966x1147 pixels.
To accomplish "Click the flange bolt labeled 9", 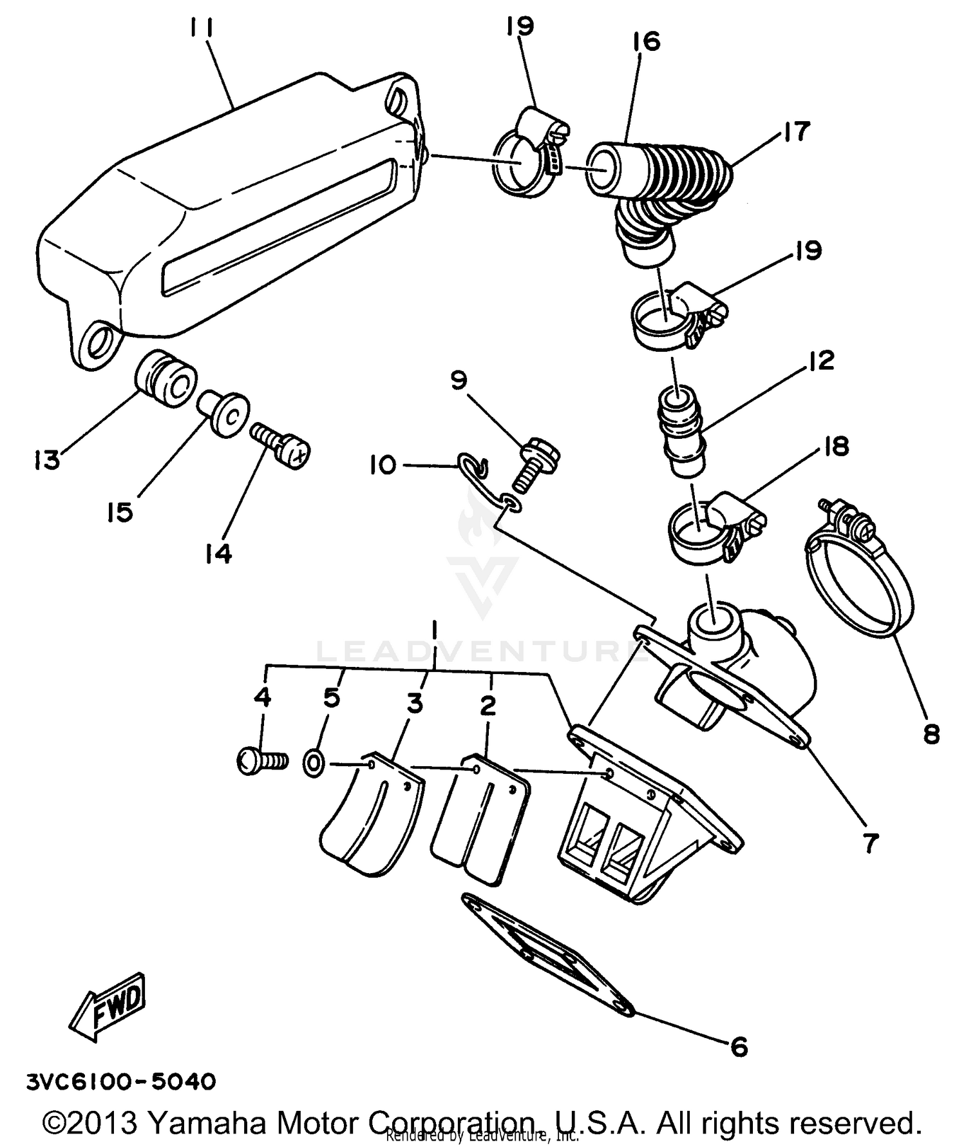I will tap(538, 465).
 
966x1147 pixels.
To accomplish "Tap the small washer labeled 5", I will tap(314, 764).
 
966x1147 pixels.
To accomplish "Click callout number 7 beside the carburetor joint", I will tap(871, 842).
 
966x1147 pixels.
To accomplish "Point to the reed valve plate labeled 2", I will tap(480, 818).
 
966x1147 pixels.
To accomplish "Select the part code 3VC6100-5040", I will tap(121, 1081).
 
